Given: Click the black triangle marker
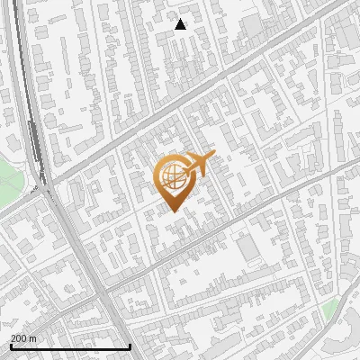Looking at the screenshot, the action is pyautogui.click(x=181, y=24).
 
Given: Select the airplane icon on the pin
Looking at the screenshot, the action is pyautogui.click(x=196, y=165).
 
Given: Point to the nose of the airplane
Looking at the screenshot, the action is pyautogui.click(x=213, y=154).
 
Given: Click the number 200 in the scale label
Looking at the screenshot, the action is pyautogui.click(x=19, y=338).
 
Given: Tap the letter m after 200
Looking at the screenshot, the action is pyautogui.click(x=33, y=338).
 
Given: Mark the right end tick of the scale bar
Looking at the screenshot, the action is pyautogui.click(x=130, y=346).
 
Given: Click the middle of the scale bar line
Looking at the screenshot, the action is pyautogui.click(x=69, y=347).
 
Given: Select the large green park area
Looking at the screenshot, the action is pyautogui.click(x=8, y=180).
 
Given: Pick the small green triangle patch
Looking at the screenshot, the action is pyautogui.click(x=332, y=309).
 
